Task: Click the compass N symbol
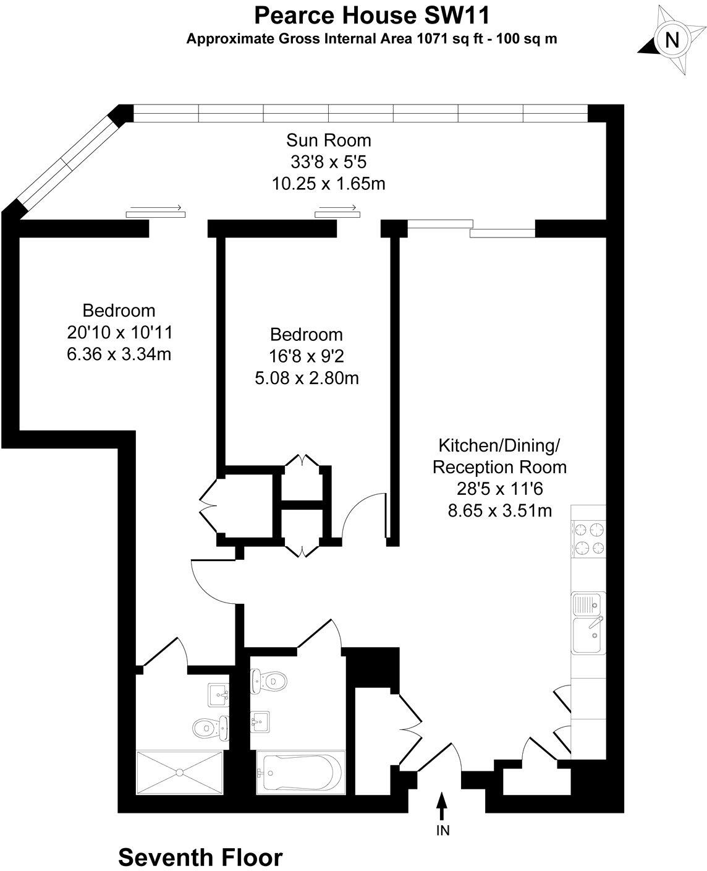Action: pyautogui.click(x=672, y=41)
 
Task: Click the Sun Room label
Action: pyautogui.click(x=329, y=140)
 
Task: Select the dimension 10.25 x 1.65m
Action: pyautogui.click(x=329, y=184)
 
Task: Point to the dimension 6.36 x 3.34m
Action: pyautogui.click(x=119, y=354)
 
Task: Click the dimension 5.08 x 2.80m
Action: pyautogui.click(x=307, y=378)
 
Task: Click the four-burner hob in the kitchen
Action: pyautogui.click(x=588, y=539)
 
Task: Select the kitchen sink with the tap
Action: pyautogui.click(x=588, y=635)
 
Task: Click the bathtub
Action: pyautogui.click(x=300, y=771)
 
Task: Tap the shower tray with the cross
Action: pyautogui.click(x=180, y=772)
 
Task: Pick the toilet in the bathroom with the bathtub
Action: pyautogui.click(x=270, y=681)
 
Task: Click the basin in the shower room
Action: pyautogui.click(x=218, y=695)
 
